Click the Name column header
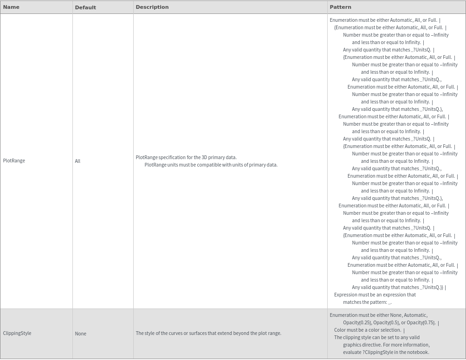pyautogui.click(x=11, y=7)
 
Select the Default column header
pyautogui.click(x=85, y=7)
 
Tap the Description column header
pyautogui.click(x=152, y=7)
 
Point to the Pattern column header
pyautogui.click(x=340, y=7)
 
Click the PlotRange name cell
pyautogui.click(x=14, y=161)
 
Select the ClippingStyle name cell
pyautogui.click(x=17, y=333)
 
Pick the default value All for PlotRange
pyautogui.click(x=78, y=161)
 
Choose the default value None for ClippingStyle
pyautogui.click(x=80, y=334)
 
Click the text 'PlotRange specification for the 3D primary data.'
pyautogui.click(x=186, y=157)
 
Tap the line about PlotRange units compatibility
pyautogui.click(x=211, y=165)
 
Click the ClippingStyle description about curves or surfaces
pyautogui.click(x=208, y=333)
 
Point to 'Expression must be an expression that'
pyautogui.click(x=375, y=295)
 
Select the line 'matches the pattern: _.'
pyautogui.click(x=367, y=302)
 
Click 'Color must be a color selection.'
pyautogui.click(x=367, y=330)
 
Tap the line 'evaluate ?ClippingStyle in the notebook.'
pyautogui.click(x=386, y=352)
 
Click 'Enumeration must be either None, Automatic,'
pyautogui.click(x=378, y=315)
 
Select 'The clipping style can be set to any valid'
pyautogui.click(x=376, y=337)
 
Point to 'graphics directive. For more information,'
pyautogui.click(x=386, y=345)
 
